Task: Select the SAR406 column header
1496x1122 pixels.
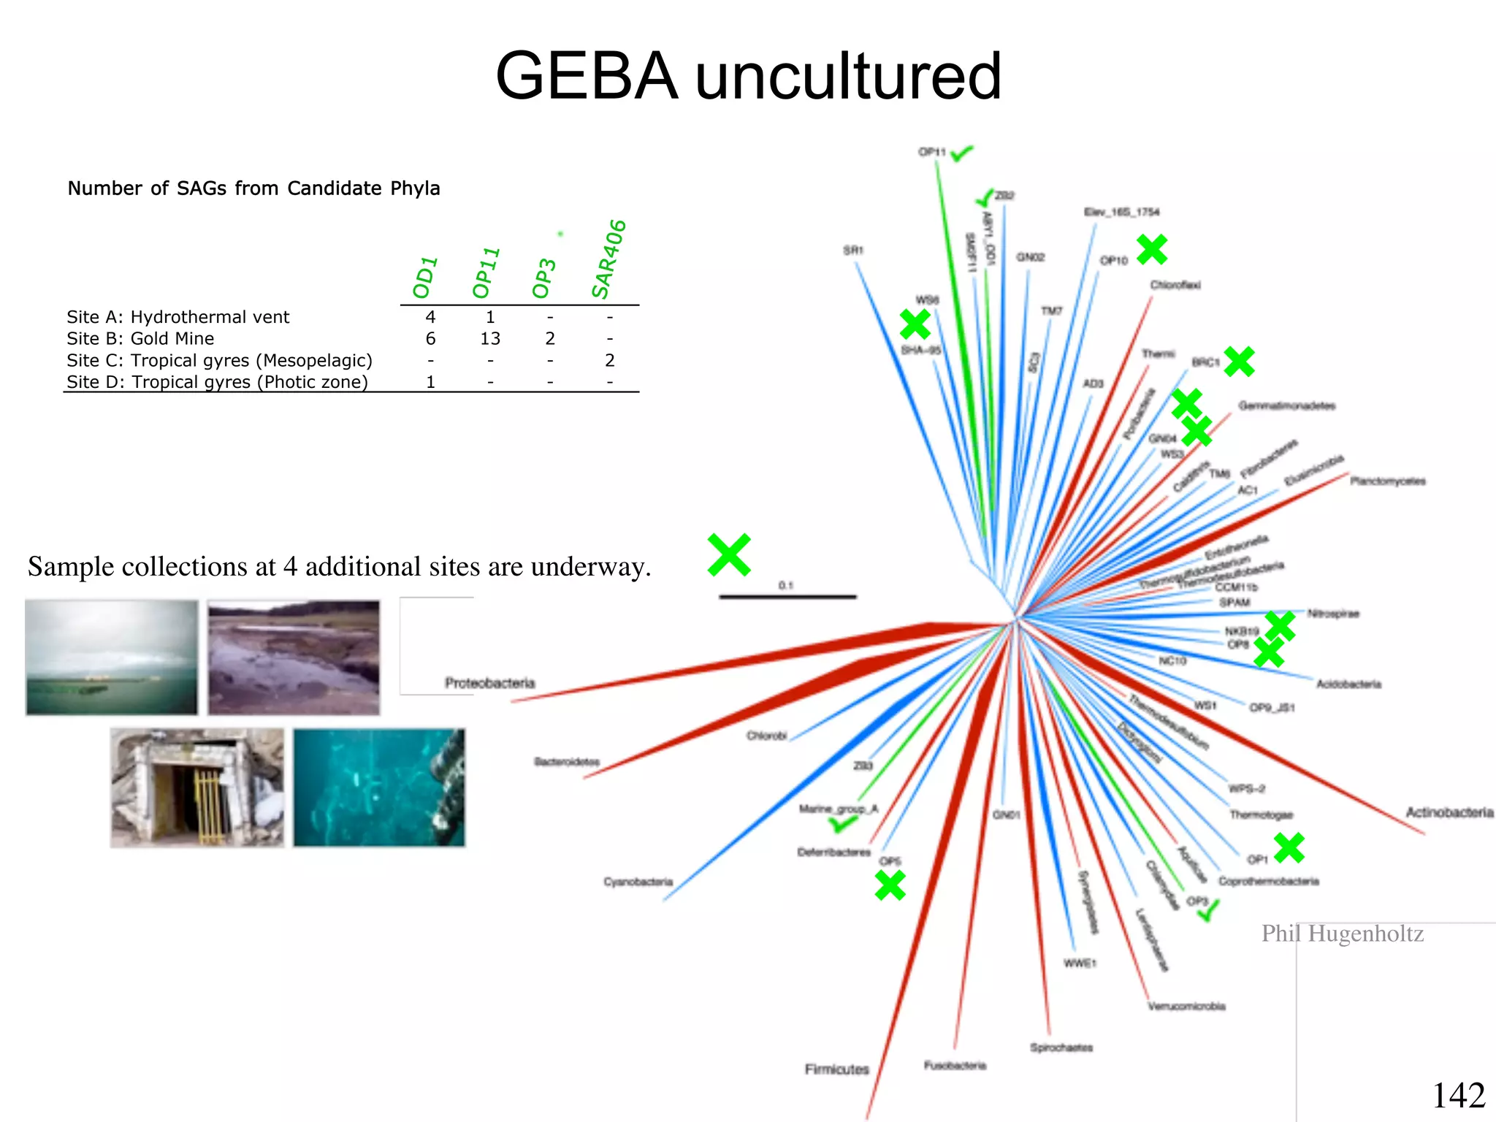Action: click(608, 259)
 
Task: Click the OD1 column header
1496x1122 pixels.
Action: click(424, 278)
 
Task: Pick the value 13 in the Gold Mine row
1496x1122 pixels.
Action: click(490, 339)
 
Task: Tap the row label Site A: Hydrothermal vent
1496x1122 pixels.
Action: click(178, 317)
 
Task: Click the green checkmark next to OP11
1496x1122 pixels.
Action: click(963, 153)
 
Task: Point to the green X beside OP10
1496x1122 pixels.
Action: click(1152, 250)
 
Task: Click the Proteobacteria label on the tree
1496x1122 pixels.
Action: click(490, 683)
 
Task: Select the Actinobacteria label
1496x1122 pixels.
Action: click(1449, 812)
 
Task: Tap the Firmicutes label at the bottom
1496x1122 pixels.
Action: click(837, 1069)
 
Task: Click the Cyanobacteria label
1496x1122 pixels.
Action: click(638, 882)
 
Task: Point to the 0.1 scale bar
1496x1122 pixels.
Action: click(787, 597)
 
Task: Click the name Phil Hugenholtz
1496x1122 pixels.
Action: click(1343, 934)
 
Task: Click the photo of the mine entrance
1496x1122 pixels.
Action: click(196, 787)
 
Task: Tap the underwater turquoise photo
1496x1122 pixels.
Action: click(378, 787)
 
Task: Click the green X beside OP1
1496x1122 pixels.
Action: click(1289, 848)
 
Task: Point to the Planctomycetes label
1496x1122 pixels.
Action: click(1387, 481)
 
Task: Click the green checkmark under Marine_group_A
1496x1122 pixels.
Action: click(842, 825)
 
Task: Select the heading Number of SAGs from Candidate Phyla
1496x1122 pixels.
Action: click(253, 188)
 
